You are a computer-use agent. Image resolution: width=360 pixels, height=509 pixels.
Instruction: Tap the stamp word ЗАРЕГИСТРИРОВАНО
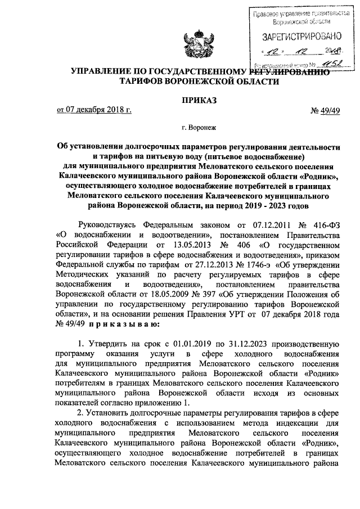pyautogui.click(x=301, y=37)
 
